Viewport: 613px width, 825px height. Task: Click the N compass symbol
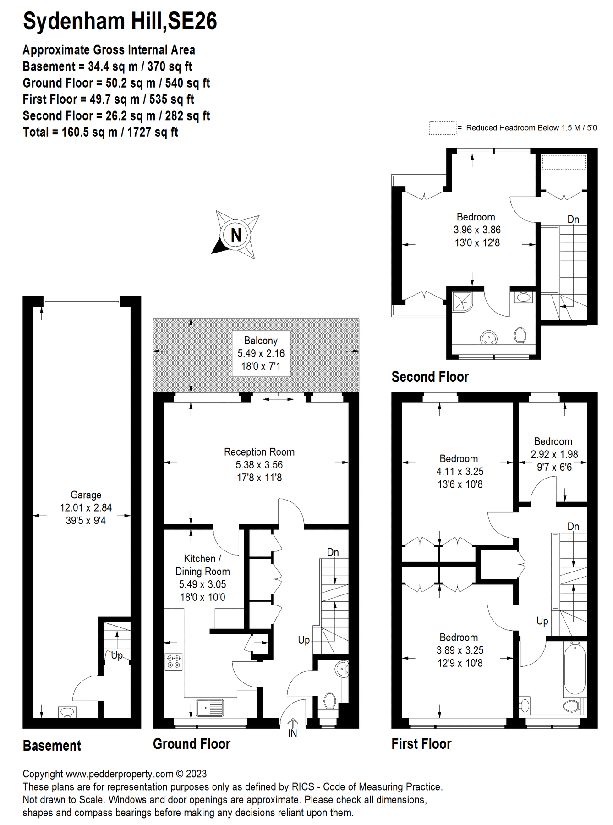pos(235,235)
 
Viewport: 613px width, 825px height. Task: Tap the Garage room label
pos(86,507)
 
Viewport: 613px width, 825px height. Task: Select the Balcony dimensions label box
pos(261,353)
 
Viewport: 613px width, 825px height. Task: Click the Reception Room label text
pos(259,464)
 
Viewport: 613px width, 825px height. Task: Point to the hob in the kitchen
pos(174,661)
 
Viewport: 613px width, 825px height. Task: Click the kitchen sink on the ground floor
pos(210,708)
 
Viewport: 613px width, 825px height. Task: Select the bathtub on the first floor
pos(575,669)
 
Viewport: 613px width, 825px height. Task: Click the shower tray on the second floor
pos(462,301)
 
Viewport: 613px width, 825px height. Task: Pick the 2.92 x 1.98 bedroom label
pos(553,454)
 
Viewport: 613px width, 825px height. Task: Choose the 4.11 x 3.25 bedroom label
pos(460,471)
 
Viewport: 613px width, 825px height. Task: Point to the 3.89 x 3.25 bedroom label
pos(460,650)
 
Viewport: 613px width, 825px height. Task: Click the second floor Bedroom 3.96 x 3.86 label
pos(476,230)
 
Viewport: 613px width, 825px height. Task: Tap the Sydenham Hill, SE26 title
pos(120,21)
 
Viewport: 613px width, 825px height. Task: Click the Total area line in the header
pos(100,132)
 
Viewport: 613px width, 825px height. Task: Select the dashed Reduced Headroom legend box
pos(442,128)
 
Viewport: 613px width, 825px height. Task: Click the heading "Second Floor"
pos(430,377)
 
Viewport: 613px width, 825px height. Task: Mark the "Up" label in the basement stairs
pos(117,655)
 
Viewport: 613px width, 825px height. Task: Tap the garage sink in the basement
pos(67,712)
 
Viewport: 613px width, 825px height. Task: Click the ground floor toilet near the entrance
pos(329,701)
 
